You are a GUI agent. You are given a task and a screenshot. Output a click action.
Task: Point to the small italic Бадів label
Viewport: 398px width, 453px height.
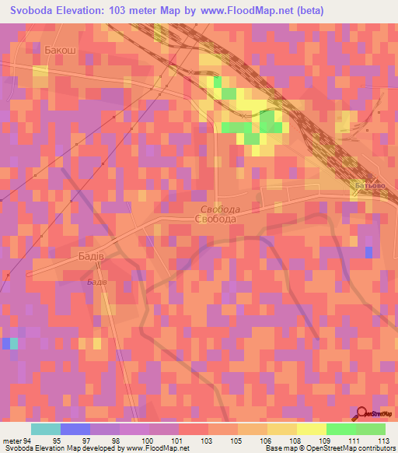pyautogui.click(x=96, y=281)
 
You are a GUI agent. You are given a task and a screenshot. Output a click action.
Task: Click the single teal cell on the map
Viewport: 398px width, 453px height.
pyautogui.click(x=14, y=343)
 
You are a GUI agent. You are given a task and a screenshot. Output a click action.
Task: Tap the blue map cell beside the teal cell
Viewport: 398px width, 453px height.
pyautogui.click(x=5, y=343)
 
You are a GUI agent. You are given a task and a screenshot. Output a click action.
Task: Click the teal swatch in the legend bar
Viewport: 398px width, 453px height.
pyautogui.click(x=46, y=429)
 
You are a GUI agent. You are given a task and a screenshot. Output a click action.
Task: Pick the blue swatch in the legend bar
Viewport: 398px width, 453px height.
pyautogui.click(x=75, y=429)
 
